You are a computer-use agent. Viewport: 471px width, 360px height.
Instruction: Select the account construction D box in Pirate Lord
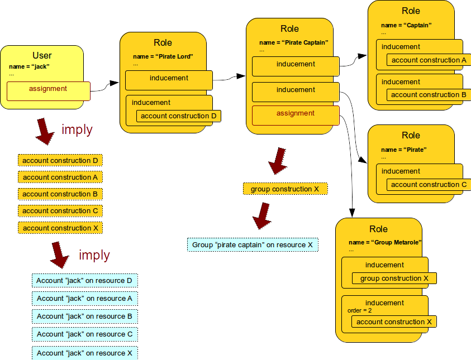178,116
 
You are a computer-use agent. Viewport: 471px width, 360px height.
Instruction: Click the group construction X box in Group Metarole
394,279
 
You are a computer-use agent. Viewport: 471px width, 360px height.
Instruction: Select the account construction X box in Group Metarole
394,322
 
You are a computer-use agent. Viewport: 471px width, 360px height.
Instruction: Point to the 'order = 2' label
359,310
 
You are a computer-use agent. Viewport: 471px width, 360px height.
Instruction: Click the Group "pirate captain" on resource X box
253,245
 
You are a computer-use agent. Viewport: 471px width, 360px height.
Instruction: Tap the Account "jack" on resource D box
84,281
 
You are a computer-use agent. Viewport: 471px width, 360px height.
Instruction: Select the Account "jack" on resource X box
84,353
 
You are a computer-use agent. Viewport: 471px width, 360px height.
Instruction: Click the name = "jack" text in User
29,66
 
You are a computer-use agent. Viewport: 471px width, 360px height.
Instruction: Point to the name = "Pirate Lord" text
163,56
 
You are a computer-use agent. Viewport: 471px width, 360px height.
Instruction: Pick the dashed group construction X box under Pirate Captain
285,189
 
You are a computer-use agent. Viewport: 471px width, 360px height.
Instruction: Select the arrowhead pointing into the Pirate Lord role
114,83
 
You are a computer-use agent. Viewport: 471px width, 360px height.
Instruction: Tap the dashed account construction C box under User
60,211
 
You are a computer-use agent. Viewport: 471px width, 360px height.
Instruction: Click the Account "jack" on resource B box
84,316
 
